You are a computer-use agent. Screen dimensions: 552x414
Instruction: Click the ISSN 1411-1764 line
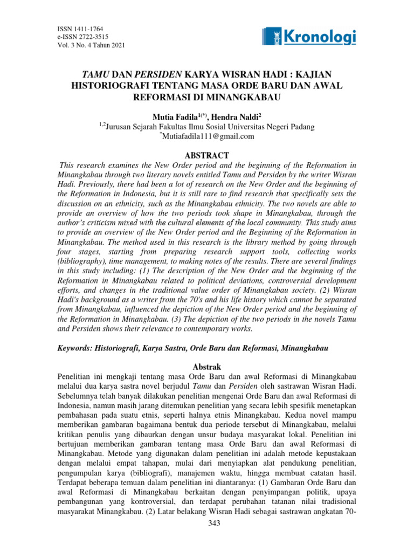[80, 29]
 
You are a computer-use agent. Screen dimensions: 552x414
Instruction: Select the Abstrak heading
[207, 367]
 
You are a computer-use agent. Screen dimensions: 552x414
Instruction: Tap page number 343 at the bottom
[207, 541]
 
